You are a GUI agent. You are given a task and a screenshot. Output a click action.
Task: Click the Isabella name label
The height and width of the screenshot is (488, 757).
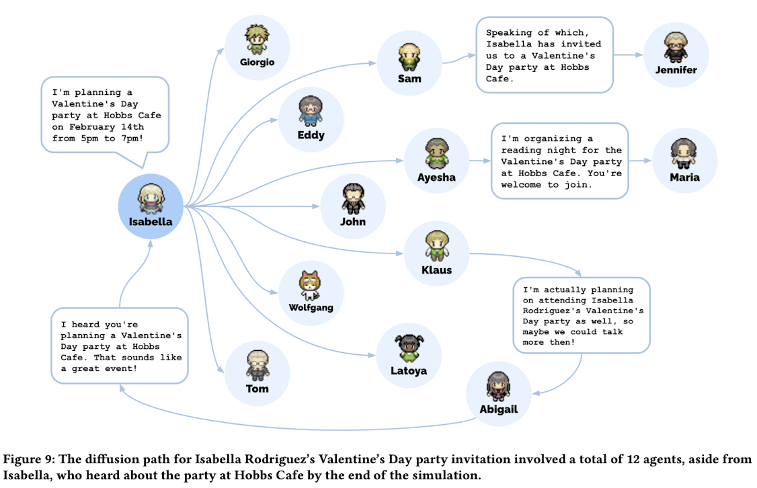[x=151, y=222]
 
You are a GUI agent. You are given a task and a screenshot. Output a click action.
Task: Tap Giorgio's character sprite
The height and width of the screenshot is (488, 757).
[x=257, y=39]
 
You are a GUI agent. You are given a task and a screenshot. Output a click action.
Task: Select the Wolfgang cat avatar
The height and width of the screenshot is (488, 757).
[x=311, y=285]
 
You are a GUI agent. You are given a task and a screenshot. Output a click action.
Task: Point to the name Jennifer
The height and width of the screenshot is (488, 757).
[x=676, y=70]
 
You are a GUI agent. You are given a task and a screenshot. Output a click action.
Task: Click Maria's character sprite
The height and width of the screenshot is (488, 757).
[x=684, y=153]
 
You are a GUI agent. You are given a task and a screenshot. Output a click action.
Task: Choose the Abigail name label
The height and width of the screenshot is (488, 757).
[x=499, y=409]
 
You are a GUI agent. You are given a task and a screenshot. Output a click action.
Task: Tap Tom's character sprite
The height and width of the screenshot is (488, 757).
[x=257, y=366]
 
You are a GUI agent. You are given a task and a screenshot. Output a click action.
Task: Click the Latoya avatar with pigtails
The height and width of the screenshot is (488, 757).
[x=409, y=348]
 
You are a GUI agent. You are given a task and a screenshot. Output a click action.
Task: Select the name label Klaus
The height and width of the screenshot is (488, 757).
[x=436, y=270]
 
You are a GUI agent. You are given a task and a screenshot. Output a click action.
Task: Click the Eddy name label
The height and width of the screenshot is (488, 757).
[x=311, y=135]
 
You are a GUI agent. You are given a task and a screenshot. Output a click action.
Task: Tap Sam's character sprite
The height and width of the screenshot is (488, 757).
[x=409, y=57]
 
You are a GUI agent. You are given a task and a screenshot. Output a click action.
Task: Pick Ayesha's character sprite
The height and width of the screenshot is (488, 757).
[x=437, y=153]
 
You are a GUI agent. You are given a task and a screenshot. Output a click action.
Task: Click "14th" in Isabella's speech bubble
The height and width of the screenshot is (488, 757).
[x=132, y=127]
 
